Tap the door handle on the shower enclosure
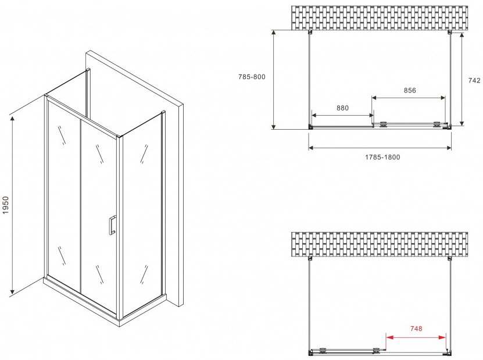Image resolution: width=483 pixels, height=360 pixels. coord(112,225)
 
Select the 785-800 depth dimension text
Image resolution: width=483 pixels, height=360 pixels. coord(252,77)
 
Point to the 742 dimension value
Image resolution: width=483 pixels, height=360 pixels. coord(474,80)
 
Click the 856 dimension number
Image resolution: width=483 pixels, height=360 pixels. coord(410,90)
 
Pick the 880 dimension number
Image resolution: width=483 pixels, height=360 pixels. coord(342,108)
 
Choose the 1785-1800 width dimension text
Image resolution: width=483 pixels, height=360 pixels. coord(382,157)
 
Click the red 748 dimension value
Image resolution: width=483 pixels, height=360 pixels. coord(416,329)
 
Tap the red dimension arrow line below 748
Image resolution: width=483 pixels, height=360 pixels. coord(416,337)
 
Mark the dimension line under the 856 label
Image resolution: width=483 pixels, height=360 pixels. coord(409,98)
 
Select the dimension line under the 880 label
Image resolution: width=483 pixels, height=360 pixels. coord(342,116)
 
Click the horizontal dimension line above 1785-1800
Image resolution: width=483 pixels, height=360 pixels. coord(380,148)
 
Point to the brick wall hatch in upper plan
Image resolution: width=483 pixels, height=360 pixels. coord(380,18)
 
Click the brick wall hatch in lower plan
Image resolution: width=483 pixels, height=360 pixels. coord(380,244)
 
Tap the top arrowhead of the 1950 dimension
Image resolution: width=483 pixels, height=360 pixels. coord(12,119)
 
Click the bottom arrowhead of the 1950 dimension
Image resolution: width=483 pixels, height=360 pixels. coord(12,291)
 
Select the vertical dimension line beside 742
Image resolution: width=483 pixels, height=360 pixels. coord(461,79)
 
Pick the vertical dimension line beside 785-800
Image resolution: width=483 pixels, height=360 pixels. coord(274,80)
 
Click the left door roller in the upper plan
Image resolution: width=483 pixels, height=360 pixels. coord(383,124)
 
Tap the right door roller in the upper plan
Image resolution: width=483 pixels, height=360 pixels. coord(437,124)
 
